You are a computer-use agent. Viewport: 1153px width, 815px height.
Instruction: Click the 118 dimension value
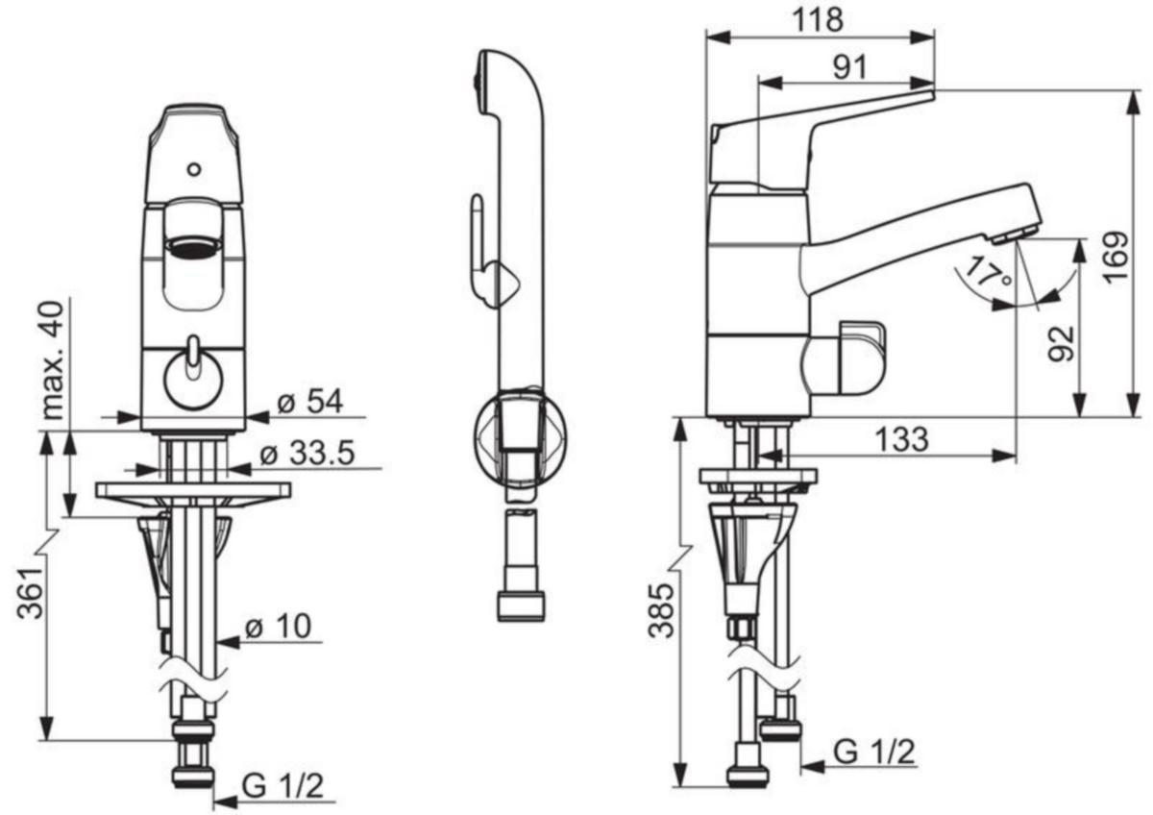pyautogui.click(x=818, y=20)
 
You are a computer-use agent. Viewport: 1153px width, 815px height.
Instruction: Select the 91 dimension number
pyautogui.click(x=849, y=67)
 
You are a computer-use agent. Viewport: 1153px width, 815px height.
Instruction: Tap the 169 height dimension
pyautogui.click(x=1116, y=258)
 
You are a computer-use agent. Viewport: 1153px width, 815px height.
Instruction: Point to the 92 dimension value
pyautogui.click(x=1062, y=343)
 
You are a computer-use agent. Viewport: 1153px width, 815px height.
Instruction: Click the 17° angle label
pyautogui.click(x=989, y=273)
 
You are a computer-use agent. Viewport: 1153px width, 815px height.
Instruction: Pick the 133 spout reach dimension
pyautogui.click(x=902, y=439)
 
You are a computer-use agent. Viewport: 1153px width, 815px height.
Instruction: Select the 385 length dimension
pyautogui.click(x=661, y=611)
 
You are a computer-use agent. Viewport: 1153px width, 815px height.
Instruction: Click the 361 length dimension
pyautogui.click(x=30, y=593)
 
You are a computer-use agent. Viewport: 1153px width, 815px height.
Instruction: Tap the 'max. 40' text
pyautogui.click(x=53, y=360)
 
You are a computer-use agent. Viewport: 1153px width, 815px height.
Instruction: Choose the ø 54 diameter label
pyautogui.click(x=309, y=401)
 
